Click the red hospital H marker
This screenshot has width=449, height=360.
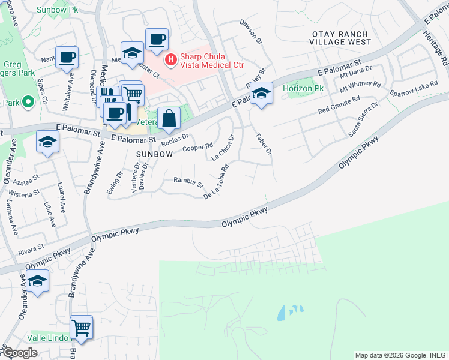tap(170, 59)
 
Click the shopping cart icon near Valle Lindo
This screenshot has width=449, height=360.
tap(82, 328)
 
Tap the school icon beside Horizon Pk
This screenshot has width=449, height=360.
tap(261, 93)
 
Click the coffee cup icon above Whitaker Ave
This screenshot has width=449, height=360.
tap(67, 57)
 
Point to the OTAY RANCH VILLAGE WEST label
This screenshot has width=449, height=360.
tap(340, 37)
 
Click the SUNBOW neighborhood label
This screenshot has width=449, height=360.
tap(154, 154)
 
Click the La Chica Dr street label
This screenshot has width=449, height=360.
tap(223, 147)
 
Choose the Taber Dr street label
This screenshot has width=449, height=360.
tap(264, 144)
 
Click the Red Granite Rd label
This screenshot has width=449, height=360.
tap(339, 106)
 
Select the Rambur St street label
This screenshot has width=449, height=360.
tap(188, 181)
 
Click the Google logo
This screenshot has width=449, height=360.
tap(19, 353)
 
